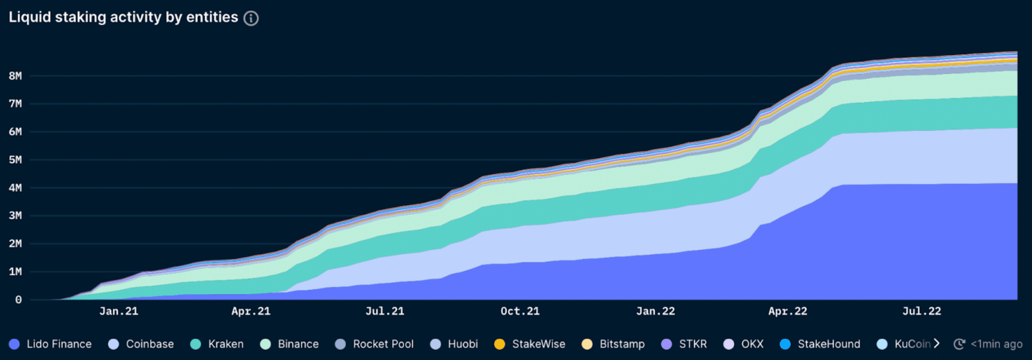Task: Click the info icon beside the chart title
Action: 251,18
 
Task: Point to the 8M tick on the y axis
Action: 15,76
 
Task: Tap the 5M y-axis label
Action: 15,160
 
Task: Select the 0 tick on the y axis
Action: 18,300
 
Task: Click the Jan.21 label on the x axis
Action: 119,311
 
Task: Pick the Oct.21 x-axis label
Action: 520,311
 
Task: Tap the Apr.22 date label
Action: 788,311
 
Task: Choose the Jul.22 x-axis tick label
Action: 921,311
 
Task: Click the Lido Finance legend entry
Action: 59,344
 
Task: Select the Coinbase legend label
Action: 150,344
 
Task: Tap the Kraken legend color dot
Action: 195,344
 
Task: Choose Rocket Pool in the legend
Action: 383,344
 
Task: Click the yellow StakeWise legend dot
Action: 499,344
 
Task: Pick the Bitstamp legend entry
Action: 622,344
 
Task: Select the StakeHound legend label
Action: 828,344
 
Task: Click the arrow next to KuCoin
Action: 936,344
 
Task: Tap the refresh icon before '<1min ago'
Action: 959,344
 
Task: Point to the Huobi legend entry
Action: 462,344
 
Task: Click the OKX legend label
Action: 752,344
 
